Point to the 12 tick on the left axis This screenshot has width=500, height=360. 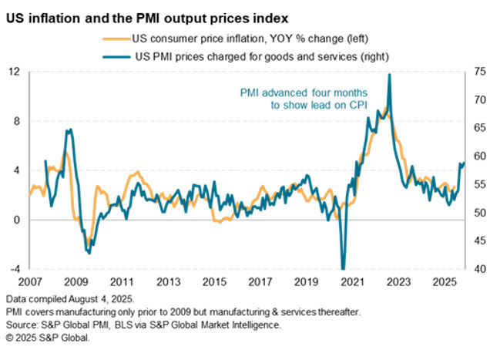coord(14,72)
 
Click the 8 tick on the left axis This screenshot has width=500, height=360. coord(16,121)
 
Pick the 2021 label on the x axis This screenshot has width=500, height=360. coord(352,283)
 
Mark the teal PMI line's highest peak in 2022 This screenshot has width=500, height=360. coord(390,75)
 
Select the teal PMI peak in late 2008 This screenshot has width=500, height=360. coord(69,130)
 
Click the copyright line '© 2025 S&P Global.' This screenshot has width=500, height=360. coord(48,338)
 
